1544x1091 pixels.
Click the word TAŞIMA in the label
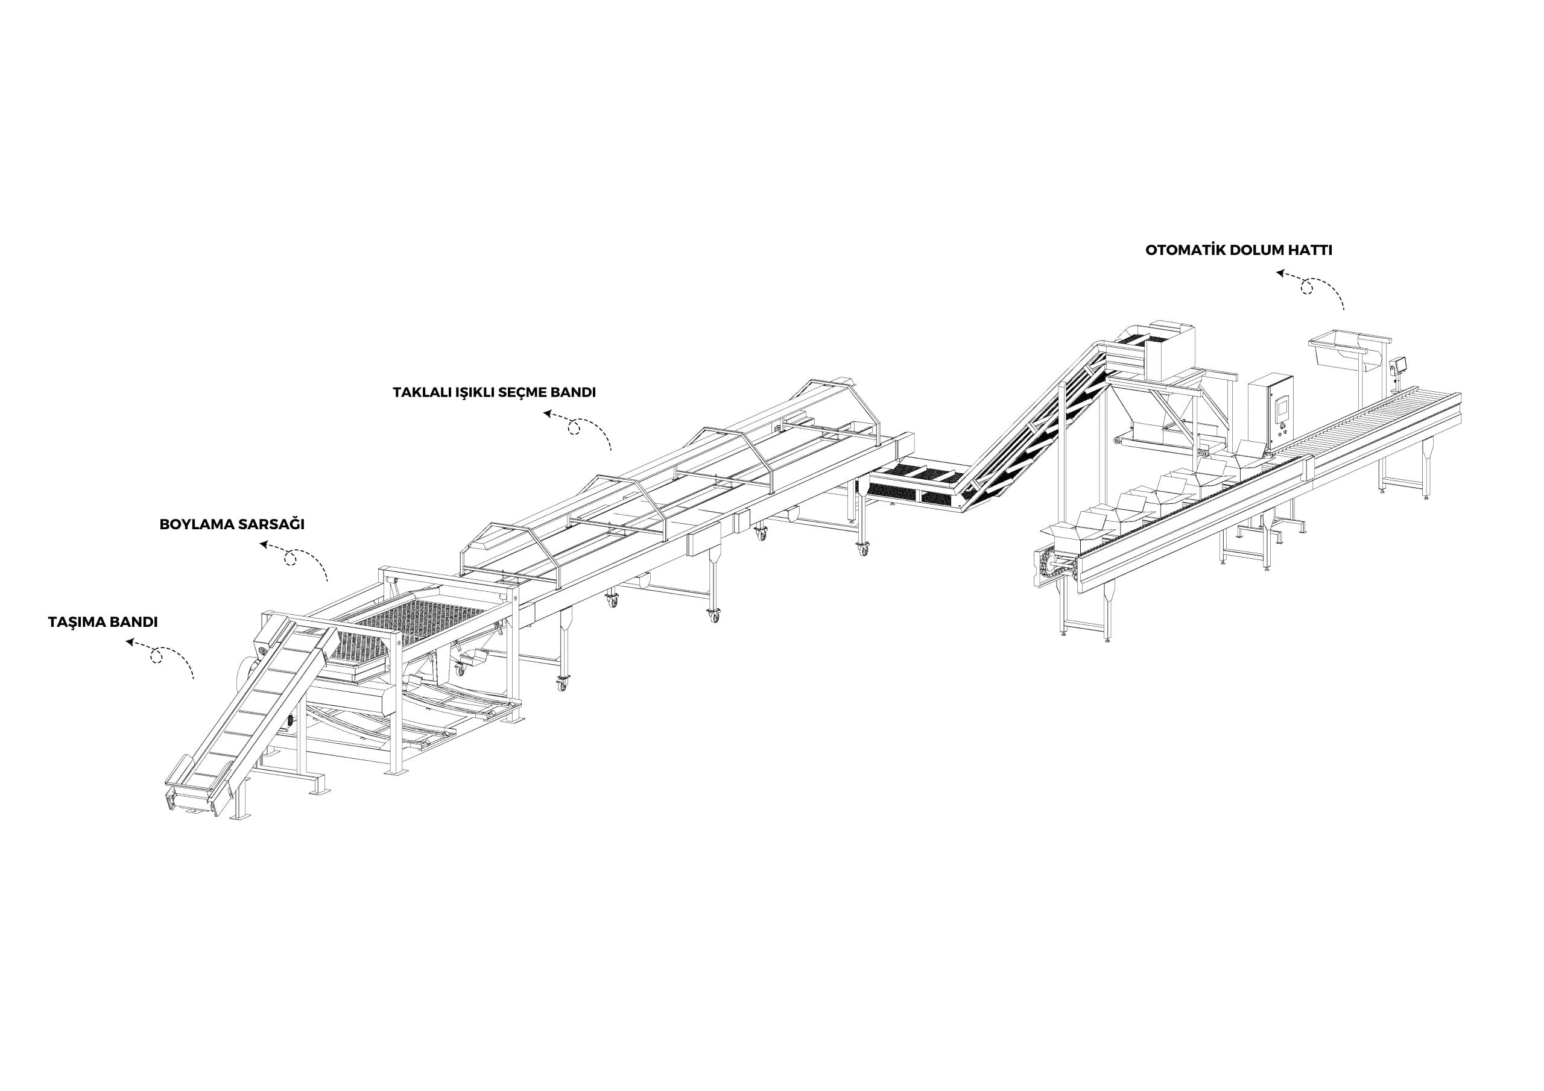(x=76, y=623)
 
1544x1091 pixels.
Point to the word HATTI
(x=1308, y=251)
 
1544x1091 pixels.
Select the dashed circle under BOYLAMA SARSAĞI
(x=291, y=559)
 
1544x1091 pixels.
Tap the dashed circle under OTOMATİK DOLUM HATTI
(x=1306, y=288)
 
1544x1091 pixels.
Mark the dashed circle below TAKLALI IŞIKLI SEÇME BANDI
(x=574, y=428)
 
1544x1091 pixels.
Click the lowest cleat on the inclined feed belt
(x=199, y=782)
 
